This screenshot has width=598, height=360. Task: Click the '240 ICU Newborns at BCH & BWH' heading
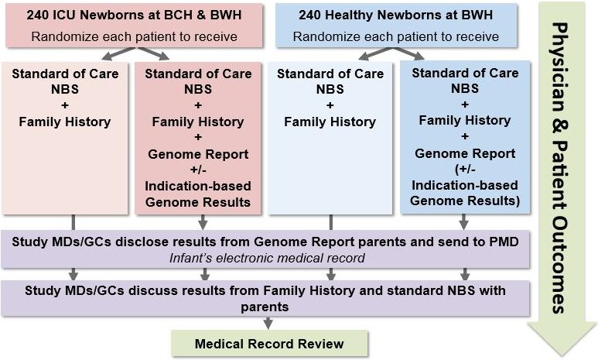134,15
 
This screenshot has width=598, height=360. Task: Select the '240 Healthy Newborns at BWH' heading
396,15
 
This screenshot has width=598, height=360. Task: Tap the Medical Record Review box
269,344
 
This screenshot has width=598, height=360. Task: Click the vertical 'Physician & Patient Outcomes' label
560,168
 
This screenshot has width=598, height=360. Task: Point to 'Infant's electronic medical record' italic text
267,258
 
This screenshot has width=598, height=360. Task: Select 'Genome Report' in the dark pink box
198,154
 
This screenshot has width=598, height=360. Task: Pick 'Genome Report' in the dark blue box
465,153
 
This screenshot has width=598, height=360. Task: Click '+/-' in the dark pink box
198,170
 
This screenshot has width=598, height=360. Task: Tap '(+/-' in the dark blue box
465,169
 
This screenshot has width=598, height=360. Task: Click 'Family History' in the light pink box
65,122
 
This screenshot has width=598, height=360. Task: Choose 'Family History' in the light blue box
330,122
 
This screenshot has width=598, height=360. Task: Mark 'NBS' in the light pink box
65,89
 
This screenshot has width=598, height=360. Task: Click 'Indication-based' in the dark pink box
198,186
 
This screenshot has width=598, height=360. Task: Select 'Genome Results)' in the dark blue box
465,201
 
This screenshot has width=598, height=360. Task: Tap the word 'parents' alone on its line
265,307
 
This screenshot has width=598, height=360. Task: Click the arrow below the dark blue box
463,221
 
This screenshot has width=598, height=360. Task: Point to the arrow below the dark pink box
203,221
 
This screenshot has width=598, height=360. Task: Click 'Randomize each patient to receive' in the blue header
396,36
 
